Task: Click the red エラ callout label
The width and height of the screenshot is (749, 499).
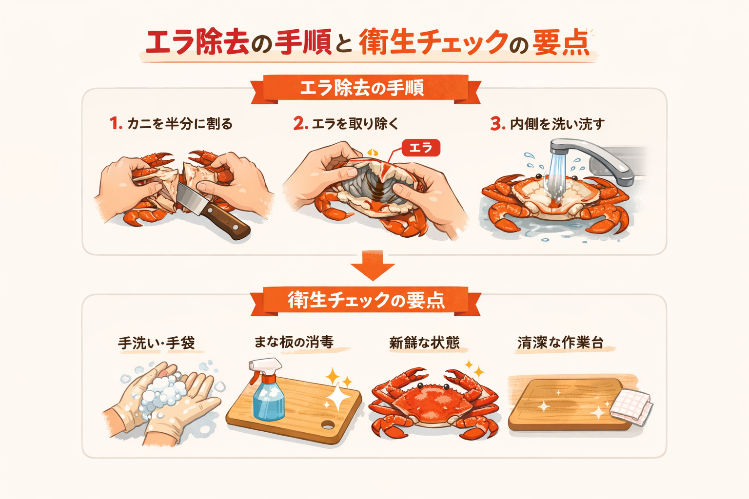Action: click(x=421, y=148)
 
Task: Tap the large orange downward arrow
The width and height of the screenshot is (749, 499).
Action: click(x=373, y=265)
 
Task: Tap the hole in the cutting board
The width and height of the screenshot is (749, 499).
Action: click(x=327, y=425)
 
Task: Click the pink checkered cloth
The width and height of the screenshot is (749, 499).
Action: click(x=631, y=407)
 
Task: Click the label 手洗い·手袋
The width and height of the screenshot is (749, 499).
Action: click(x=156, y=343)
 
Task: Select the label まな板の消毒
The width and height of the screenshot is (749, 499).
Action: click(x=294, y=342)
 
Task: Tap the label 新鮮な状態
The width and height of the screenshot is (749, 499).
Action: click(x=424, y=343)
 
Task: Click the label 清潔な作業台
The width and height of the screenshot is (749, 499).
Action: click(x=560, y=343)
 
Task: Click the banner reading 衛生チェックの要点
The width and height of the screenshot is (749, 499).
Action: click(x=366, y=301)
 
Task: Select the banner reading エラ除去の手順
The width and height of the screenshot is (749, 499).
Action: click(x=366, y=89)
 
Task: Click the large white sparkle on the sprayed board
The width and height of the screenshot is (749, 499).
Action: click(x=338, y=397)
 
